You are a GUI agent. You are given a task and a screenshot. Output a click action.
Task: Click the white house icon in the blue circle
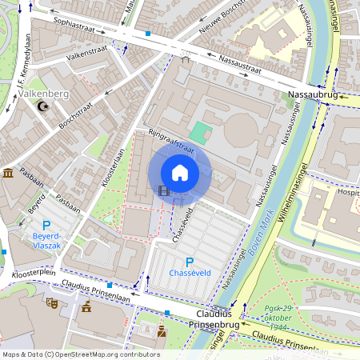tap(180, 173)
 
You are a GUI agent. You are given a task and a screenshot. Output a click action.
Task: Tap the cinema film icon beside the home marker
tap(164, 190)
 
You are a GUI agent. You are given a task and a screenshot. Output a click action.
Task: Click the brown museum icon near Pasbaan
tap(8, 173)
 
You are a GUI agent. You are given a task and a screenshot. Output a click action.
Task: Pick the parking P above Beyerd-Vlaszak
tap(46, 226)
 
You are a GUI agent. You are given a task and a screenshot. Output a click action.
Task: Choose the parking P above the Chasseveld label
tap(190, 262)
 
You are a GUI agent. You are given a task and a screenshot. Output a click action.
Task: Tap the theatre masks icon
tap(52, 302)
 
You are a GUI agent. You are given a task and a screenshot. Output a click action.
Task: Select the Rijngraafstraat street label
tap(171, 141)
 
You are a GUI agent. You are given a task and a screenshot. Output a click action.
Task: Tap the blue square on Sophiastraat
tap(148, 34)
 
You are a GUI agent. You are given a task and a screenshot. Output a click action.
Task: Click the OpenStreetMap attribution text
tap(80, 354)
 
